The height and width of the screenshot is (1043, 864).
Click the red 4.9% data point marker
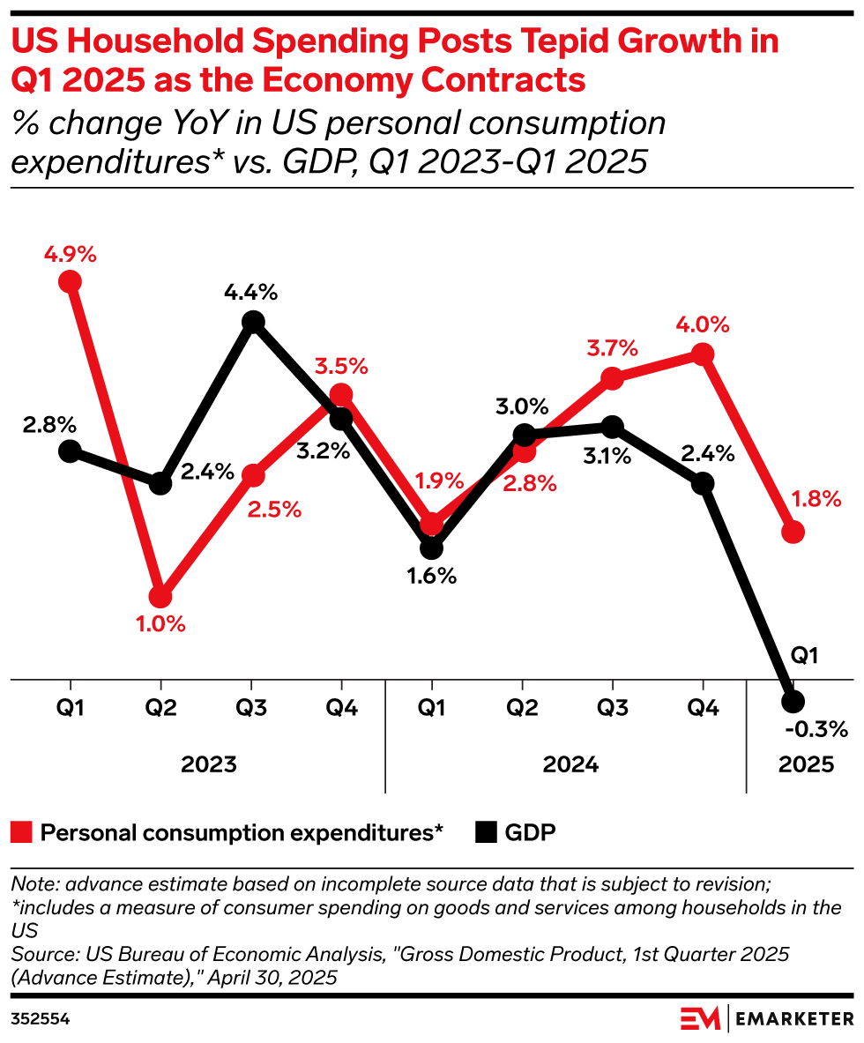coord(70,281)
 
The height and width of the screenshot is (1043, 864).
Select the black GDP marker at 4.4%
coord(253,322)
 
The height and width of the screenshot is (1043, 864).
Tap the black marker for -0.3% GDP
coord(793,701)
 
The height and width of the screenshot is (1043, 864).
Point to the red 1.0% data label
coord(160,624)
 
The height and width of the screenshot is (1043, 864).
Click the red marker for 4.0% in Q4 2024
coord(703,354)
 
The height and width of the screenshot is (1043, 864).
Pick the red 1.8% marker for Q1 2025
coord(793,532)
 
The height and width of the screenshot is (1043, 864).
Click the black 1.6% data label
coord(432,577)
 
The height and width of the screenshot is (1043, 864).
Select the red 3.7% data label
coord(612,348)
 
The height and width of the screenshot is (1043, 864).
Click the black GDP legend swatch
coord(486,832)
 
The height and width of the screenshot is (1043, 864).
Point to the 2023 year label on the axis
coord(209,764)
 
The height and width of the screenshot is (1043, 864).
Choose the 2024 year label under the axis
coord(570,764)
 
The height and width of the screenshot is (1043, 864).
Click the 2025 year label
coord(806,764)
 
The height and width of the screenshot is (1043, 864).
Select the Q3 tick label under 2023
coord(252,708)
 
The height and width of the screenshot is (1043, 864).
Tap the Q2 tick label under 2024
coord(522,708)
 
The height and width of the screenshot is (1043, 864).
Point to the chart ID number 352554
coord(41,1018)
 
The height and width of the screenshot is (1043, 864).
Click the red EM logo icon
coord(700,1018)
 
